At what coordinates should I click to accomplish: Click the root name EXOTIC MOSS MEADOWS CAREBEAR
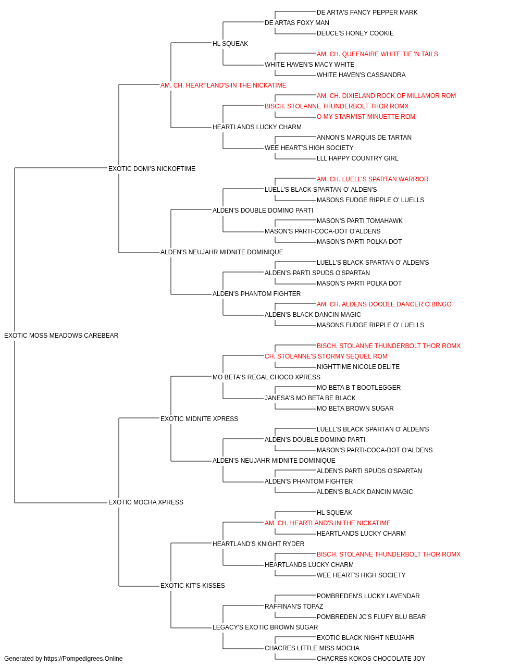(61, 336)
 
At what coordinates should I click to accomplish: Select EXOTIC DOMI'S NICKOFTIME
(152, 169)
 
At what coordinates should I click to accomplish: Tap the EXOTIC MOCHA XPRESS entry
(146, 502)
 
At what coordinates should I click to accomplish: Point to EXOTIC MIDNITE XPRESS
(199, 419)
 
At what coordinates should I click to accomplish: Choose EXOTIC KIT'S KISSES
(192, 586)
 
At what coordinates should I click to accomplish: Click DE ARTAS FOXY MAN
(296, 23)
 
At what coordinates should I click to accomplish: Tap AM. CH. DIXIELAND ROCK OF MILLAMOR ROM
(386, 96)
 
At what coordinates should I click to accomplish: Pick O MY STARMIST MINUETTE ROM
(366, 117)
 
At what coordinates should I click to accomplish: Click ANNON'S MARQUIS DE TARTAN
(364, 138)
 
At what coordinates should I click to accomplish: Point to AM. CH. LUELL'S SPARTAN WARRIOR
(373, 179)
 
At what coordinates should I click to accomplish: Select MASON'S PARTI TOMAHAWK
(359, 221)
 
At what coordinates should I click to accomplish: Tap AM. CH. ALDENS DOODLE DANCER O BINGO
(384, 304)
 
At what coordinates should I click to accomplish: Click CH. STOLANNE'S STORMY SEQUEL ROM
(326, 356)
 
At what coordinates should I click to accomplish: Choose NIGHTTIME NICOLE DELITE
(358, 367)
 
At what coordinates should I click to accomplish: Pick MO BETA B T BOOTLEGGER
(358, 388)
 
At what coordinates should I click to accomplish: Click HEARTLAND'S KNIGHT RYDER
(258, 544)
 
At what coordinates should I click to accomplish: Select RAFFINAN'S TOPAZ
(294, 607)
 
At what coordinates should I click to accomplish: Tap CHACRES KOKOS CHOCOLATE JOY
(371, 659)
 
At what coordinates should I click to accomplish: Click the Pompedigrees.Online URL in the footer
(83, 659)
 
